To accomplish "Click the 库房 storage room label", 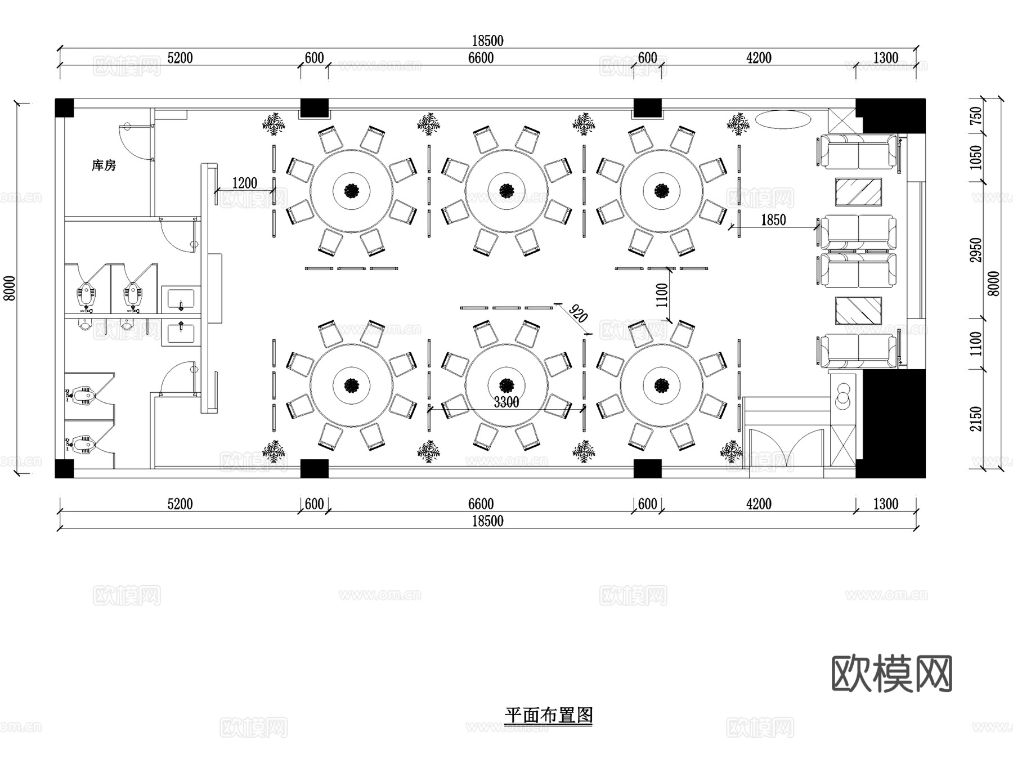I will point(104,165).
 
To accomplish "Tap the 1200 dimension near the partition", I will point(244,183).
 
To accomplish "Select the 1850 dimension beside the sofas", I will point(773,220).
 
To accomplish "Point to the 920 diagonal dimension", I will point(578,313).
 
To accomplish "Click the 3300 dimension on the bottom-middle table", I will point(506,402).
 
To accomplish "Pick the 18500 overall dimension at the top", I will point(487,41).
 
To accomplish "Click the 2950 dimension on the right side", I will point(976,250).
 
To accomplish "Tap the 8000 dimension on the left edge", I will point(10,288).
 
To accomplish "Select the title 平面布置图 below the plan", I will point(548,715).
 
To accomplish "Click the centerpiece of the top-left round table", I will point(352,191).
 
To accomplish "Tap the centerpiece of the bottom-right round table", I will point(661,385).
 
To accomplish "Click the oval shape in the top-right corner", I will point(782,119).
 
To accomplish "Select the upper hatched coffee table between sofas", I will point(858,192).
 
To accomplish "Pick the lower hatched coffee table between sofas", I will point(858,311).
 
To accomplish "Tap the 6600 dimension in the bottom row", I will point(481,504).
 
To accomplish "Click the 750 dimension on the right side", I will point(976,116).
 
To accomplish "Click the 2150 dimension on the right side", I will point(976,419).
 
